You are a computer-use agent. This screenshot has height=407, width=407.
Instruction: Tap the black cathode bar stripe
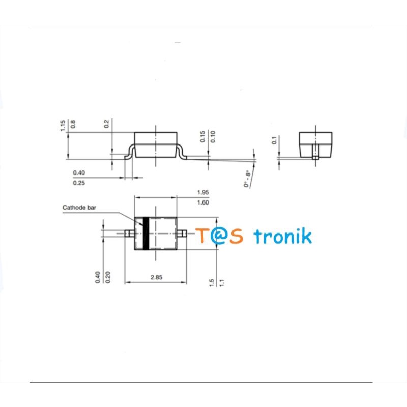pos(145,234)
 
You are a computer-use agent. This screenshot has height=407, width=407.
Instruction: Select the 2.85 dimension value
pos(156,277)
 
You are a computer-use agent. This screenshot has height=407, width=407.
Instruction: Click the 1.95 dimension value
pos(202,192)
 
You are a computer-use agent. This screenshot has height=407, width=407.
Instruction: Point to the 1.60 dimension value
pos(202,202)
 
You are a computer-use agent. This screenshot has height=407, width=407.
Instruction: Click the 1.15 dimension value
pos(63,125)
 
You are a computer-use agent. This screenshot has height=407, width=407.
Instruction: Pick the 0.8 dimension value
pos(73,123)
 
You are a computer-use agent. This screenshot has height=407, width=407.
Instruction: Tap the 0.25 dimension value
pos(79,183)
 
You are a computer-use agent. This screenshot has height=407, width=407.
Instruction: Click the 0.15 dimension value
pos(202,136)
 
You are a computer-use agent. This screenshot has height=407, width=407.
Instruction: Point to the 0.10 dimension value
pos(213,136)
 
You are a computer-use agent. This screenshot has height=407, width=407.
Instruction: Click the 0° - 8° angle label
pos(248,179)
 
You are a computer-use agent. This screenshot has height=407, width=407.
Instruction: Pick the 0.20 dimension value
pos(107,277)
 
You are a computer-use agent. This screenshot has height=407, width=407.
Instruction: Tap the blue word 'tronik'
pos(282,236)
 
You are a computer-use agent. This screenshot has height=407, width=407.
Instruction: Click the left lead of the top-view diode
pos(129,234)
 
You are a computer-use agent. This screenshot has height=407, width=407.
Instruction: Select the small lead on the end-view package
pos(315,154)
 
